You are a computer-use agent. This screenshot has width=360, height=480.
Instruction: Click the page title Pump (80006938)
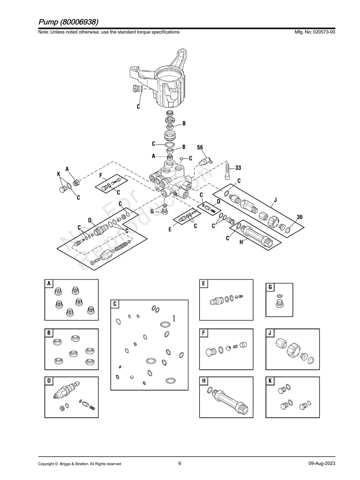[68, 21]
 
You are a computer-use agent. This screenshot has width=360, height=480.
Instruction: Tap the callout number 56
[200, 147]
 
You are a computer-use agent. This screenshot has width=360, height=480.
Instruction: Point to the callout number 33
[238, 168]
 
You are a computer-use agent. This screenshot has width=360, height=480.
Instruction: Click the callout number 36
[299, 217]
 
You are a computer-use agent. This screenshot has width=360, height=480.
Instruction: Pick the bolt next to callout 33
[227, 171]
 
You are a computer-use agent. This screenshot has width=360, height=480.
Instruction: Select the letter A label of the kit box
[49, 284]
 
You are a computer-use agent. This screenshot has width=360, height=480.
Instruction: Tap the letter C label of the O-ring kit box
[115, 304]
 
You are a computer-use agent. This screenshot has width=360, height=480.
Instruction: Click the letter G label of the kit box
[270, 287]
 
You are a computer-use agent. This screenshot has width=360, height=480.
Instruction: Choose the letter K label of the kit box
[270, 381]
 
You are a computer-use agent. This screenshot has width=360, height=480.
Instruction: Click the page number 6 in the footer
[180, 463]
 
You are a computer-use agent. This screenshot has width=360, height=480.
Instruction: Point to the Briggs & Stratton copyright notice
[79, 464]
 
